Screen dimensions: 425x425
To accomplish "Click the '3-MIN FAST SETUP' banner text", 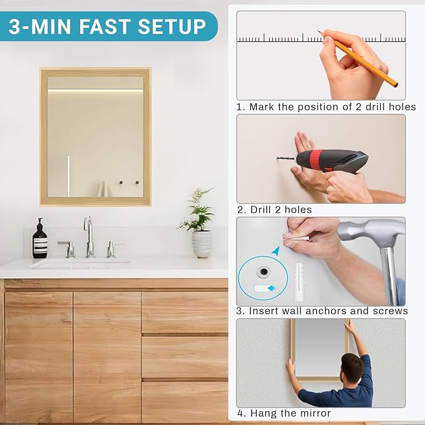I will point(107,26).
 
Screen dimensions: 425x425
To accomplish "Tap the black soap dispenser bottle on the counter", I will point(39,240).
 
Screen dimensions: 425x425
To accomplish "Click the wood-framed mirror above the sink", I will point(95,136).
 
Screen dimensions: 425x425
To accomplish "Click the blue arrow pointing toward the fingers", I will point(276,251).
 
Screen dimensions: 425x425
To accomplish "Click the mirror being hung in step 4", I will point(319,347).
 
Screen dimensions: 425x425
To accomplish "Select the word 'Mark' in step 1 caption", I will point(262,107).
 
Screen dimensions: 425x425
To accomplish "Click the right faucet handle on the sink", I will point(111,248).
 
